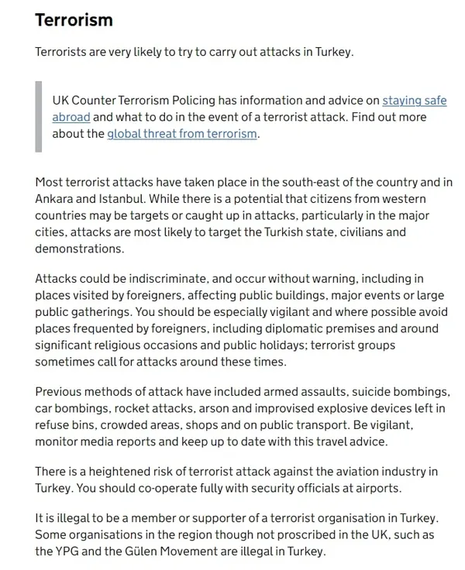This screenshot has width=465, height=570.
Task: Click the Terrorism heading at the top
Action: [74, 19]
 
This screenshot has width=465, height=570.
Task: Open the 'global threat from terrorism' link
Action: [182, 134]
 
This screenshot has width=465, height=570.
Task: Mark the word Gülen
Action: [141, 552]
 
